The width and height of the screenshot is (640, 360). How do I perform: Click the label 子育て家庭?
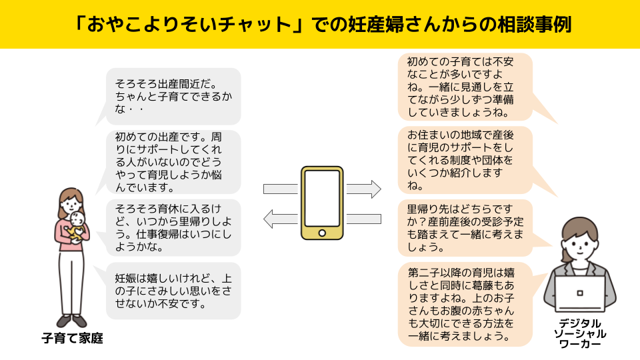(73, 338)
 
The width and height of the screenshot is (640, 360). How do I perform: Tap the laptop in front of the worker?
(579, 294)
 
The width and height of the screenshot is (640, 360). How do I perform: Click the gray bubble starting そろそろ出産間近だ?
(172, 96)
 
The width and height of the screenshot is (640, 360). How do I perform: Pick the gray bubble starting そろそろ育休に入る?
(172, 227)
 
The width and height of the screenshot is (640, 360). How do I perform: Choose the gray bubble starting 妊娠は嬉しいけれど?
(172, 291)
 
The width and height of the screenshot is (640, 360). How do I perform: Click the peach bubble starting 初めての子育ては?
(465, 86)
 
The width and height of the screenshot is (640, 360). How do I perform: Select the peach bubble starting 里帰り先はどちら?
(465, 227)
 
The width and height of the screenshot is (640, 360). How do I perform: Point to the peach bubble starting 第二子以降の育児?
(465, 304)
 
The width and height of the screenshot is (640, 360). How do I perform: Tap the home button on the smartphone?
(322, 233)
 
